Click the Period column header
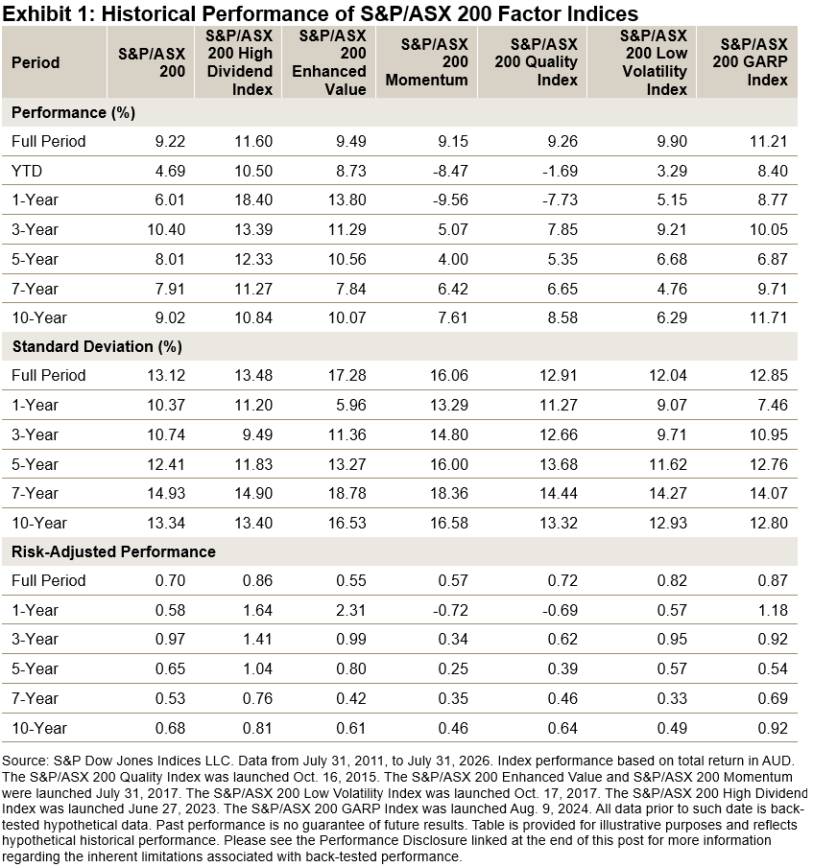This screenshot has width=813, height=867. [x=36, y=62]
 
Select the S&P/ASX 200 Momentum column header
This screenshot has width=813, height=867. [x=427, y=62]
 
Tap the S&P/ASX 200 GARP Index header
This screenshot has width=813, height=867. [x=750, y=62]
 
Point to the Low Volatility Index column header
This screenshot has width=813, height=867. [x=655, y=62]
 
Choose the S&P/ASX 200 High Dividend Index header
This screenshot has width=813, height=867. [x=240, y=62]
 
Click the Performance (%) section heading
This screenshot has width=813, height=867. [x=73, y=113]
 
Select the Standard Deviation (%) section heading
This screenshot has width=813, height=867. [x=97, y=346]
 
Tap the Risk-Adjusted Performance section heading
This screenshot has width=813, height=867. [x=113, y=551]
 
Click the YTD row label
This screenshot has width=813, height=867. [x=27, y=171]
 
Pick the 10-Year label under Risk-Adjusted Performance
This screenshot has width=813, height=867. [x=38, y=728]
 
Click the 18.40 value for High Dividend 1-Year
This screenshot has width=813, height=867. [x=253, y=200]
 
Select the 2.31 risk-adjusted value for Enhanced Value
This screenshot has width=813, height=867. [x=351, y=610]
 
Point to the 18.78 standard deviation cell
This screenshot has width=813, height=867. [x=347, y=493]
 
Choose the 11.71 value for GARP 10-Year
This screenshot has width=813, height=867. [x=768, y=318]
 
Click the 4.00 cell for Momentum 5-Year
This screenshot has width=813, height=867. [x=453, y=259]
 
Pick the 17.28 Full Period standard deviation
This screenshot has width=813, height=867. [x=347, y=375]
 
